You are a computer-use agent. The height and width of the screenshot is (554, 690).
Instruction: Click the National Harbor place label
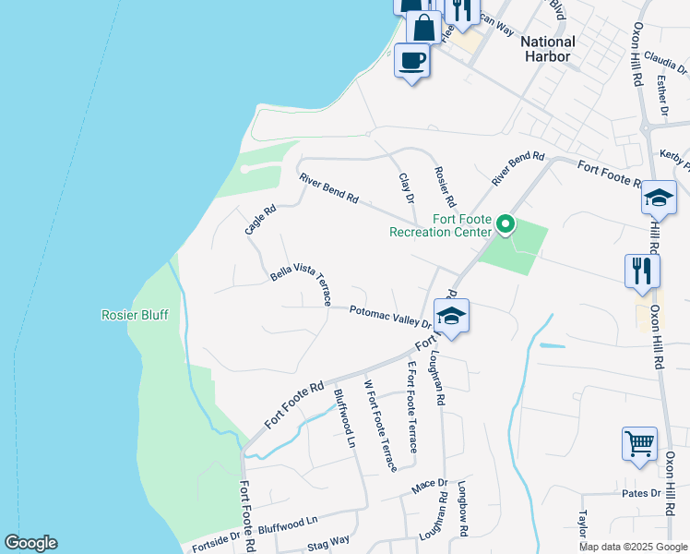[548, 49]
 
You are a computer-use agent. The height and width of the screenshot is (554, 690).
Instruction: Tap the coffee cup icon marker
[412, 62]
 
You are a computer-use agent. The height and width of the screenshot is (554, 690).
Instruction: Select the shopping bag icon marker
[423, 27]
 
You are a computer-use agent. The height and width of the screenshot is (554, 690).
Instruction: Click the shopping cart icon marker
[639, 444]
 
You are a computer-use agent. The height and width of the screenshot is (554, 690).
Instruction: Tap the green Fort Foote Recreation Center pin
[506, 224]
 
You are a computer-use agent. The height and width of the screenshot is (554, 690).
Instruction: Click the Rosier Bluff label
[135, 315]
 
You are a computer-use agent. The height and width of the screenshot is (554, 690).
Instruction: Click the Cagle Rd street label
[260, 219]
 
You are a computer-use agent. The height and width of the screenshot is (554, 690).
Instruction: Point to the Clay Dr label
[406, 187]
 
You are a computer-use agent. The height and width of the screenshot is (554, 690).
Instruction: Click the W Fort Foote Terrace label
[379, 425]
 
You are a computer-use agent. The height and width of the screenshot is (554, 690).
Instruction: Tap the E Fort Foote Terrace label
[412, 406]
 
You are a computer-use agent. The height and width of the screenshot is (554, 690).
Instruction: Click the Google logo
[30, 543]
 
